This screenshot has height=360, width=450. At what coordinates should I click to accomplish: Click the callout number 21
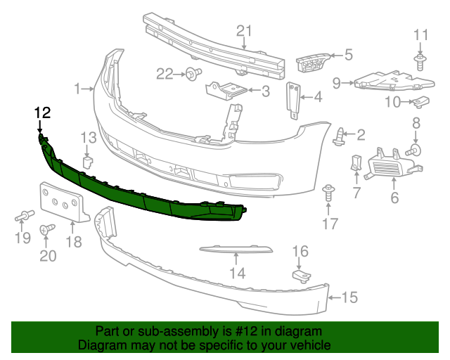(x=243, y=30)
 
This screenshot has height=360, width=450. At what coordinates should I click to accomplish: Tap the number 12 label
(x=42, y=112)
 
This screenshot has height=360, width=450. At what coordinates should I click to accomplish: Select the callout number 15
(x=349, y=297)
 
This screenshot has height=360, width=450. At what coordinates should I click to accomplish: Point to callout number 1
(x=77, y=89)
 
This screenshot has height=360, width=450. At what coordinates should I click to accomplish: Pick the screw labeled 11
(x=420, y=62)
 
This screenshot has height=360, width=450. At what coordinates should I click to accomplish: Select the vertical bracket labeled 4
(x=292, y=98)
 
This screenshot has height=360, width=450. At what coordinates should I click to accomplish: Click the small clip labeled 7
(x=356, y=163)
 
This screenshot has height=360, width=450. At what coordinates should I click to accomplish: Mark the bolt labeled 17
(x=328, y=191)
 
